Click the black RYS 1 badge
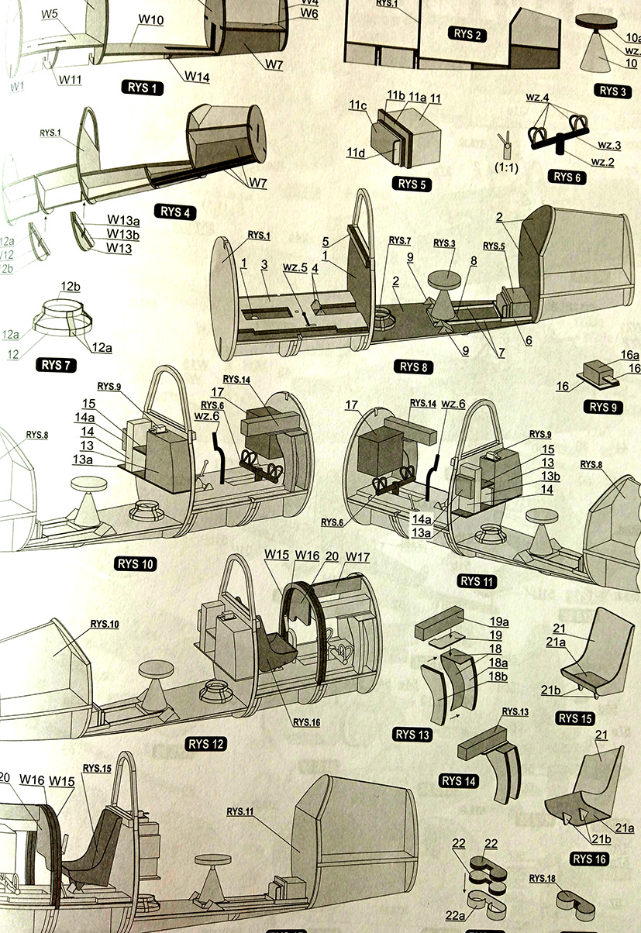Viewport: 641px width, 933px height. [x=143, y=88]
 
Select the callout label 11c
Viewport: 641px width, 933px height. [x=358, y=105]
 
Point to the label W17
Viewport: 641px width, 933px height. [x=359, y=557]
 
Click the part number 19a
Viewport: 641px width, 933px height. [x=499, y=621]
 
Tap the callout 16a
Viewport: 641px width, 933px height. [x=629, y=353]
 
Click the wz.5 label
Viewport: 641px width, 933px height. [x=295, y=267]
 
